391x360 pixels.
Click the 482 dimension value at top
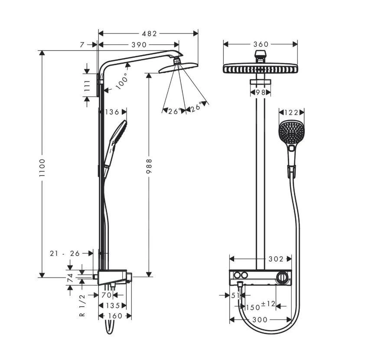[148, 33]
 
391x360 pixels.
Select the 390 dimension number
[139, 45]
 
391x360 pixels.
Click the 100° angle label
[122, 81]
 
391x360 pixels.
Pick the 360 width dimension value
[261, 44]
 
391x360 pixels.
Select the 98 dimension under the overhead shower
[261, 92]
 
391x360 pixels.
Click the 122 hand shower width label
[291, 112]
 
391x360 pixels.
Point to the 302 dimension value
[275, 259]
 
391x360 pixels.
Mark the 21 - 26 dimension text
[65, 253]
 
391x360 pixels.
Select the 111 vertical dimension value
[87, 85]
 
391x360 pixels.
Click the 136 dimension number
[112, 112]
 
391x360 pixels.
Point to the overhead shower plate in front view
[261, 69]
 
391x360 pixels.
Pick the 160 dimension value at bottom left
[115, 316]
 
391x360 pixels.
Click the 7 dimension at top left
[82, 45]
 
